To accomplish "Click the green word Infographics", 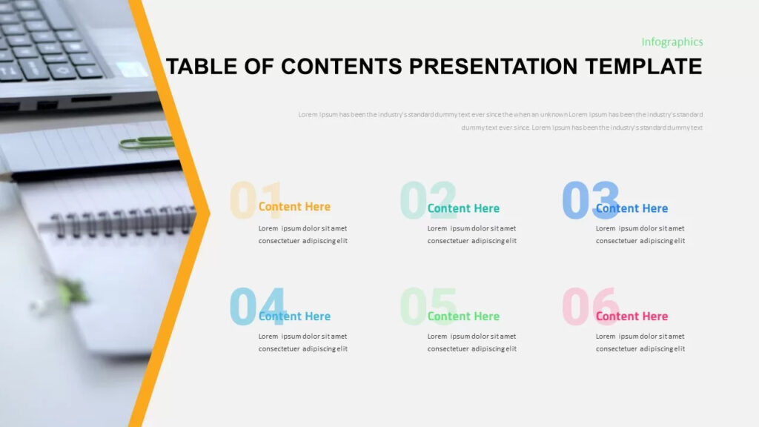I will [672, 42].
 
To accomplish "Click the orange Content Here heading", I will [294, 207].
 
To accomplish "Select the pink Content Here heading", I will [632, 317].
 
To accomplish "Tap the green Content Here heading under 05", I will [463, 317].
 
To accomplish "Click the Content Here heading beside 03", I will [632, 208].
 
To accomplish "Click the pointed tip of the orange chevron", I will [208, 213].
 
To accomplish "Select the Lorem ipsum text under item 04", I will [302, 342].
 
